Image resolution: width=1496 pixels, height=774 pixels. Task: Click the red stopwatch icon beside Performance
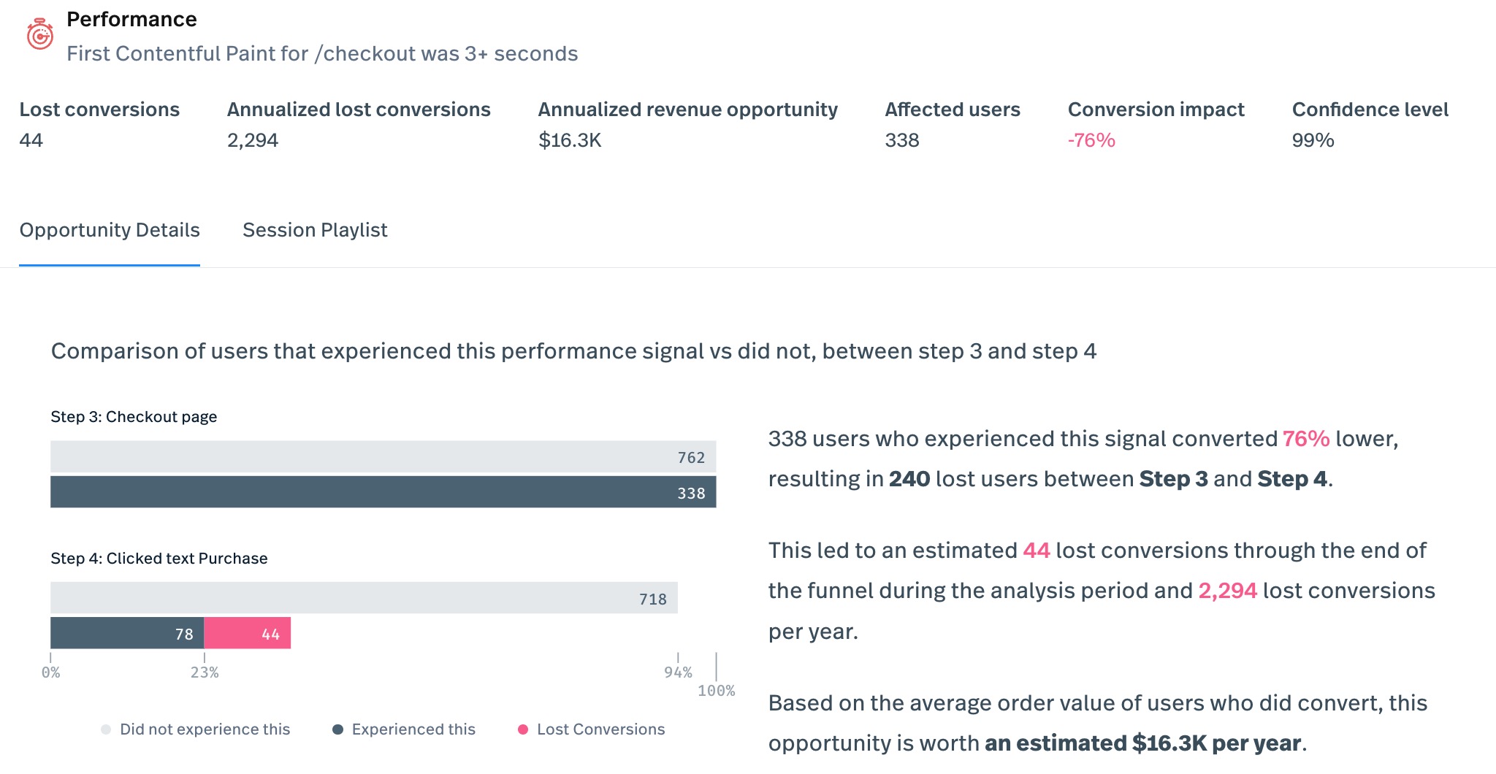pyautogui.click(x=39, y=34)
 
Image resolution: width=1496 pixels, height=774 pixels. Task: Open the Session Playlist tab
pyautogui.click(x=315, y=230)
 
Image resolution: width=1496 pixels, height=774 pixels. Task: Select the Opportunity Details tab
pyautogui.click(x=110, y=230)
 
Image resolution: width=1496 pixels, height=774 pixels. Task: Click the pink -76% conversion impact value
pyautogui.click(x=1091, y=140)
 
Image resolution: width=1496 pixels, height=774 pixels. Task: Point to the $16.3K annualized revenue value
pyautogui.click(x=570, y=140)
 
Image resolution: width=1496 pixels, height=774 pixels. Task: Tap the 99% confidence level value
pyautogui.click(x=1313, y=140)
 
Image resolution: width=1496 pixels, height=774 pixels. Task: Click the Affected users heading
pyautogui.click(x=953, y=110)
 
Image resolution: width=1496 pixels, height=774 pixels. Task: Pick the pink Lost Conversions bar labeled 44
pyautogui.click(x=247, y=633)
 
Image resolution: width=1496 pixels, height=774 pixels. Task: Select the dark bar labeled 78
pyautogui.click(x=127, y=633)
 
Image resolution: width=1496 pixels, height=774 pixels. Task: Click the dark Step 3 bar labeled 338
pyautogui.click(x=383, y=492)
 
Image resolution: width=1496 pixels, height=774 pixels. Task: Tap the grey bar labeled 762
pyautogui.click(x=383, y=456)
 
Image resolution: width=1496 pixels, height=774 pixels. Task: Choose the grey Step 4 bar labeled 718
pyautogui.click(x=364, y=598)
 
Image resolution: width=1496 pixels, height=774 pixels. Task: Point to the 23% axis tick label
pyautogui.click(x=205, y=673)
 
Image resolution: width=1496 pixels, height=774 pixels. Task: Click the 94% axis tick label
pyautogui.click(x=678, y=673)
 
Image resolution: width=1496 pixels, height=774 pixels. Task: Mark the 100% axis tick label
pyautogui.click(x=716, y=691)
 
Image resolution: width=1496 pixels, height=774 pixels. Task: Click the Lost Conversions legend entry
pyautogui.click(x=600, y=729)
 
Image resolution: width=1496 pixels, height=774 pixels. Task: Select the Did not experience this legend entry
pyautogui.click(x=204, y=729)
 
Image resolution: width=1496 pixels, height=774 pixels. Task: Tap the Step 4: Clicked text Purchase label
pyautogui.click(x=159, y=559)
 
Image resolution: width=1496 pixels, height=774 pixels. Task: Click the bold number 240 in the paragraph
pyautogui.click(x=909, y=479)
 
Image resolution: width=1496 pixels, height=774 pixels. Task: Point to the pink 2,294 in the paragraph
pyautogui.click(x=1227, y=591)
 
